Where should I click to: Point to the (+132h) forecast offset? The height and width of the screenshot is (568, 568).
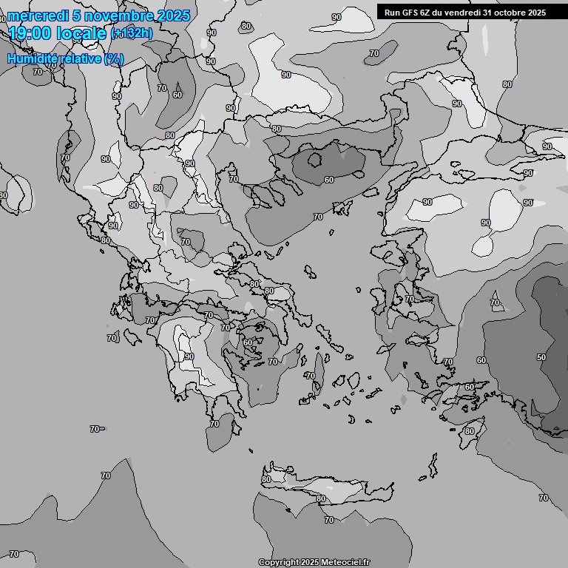(132, 33)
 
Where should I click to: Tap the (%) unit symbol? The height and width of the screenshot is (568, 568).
(114, 58)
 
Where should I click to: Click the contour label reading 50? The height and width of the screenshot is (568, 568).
(541, 357)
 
